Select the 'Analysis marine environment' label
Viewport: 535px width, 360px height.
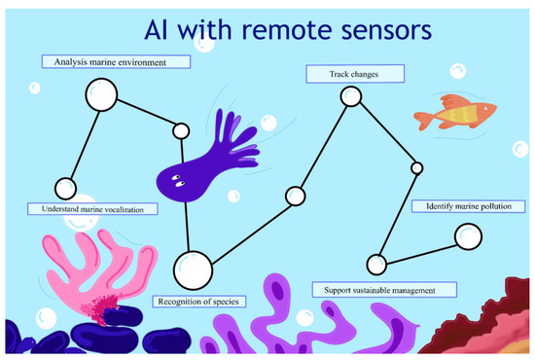click(116, 62)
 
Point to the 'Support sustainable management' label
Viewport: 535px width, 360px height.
click(385, 290)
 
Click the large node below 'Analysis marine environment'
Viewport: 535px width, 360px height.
click(100, 94)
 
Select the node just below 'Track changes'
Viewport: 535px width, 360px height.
click(351, 96)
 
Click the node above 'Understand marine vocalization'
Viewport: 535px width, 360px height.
click(65, 189)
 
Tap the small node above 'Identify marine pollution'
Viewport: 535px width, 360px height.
click(416, 168)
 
